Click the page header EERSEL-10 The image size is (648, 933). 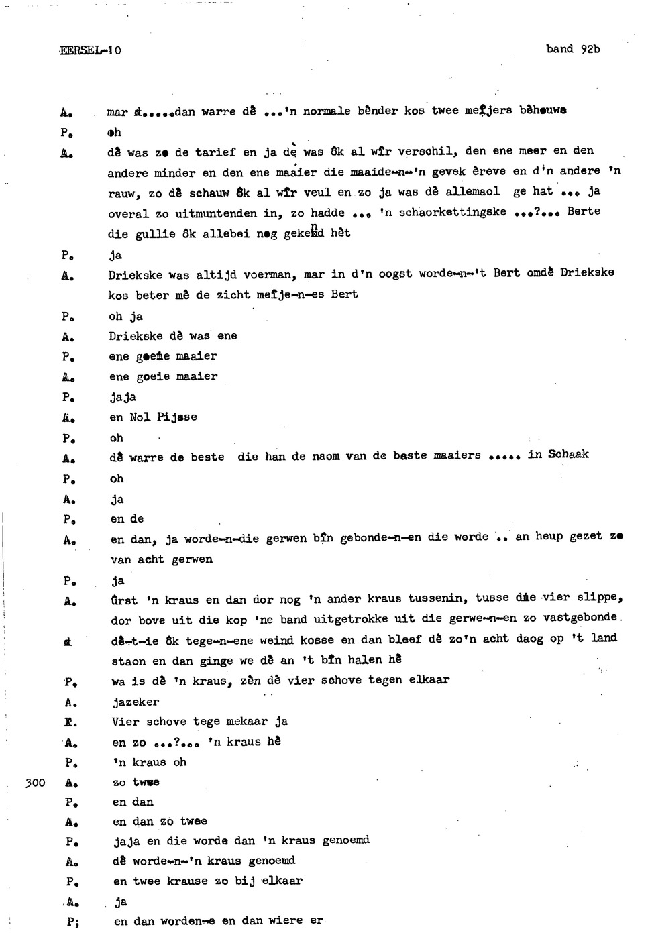pyautogui.click(x=91, y=50)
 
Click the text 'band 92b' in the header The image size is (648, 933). pyautogui.click(x=573, y=49)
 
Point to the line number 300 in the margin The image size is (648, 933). pyautogui.click(x=35, y=782)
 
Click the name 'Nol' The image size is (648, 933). pyautogui.click(x=140, y=417)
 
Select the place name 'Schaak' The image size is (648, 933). pyautogui.click(x=568, y=454)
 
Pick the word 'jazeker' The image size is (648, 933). pyautogui.click(x=136, y=702)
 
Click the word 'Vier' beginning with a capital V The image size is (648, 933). pyautogui.click(x=125, y=722)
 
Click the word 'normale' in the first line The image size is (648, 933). pyautogui.click(x=326, y=111)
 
